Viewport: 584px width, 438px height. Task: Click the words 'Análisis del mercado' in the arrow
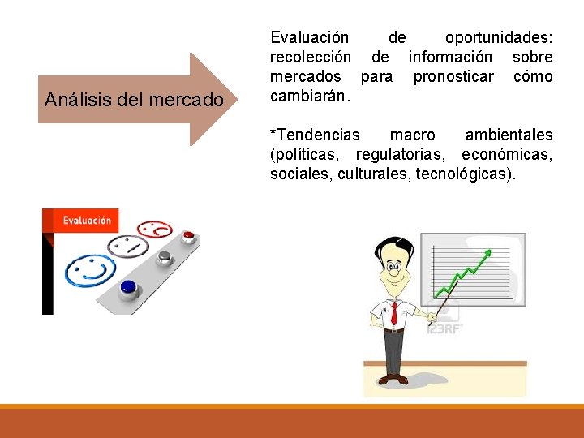click(x=134, y=101)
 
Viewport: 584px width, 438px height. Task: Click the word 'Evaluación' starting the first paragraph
click(x=309, y=38)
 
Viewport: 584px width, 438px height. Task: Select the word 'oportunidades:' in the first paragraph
click(x=498, y=38)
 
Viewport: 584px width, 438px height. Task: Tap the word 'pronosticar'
click(x=453, y=77)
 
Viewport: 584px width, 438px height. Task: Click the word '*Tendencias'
click(x=315, y=135)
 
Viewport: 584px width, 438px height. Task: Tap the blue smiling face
click(x=90, y=268)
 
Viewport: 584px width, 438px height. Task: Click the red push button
click(x=189, y=236)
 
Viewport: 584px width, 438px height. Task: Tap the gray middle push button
click(x=165, y=257)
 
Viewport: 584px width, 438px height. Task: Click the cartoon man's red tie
click(x=394, y=311)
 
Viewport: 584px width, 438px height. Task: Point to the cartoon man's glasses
click(x=395, y=269)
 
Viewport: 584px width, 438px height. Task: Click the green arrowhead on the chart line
click(x=487, y=254)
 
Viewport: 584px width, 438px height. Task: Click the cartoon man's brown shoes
click(x=394, y=379)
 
